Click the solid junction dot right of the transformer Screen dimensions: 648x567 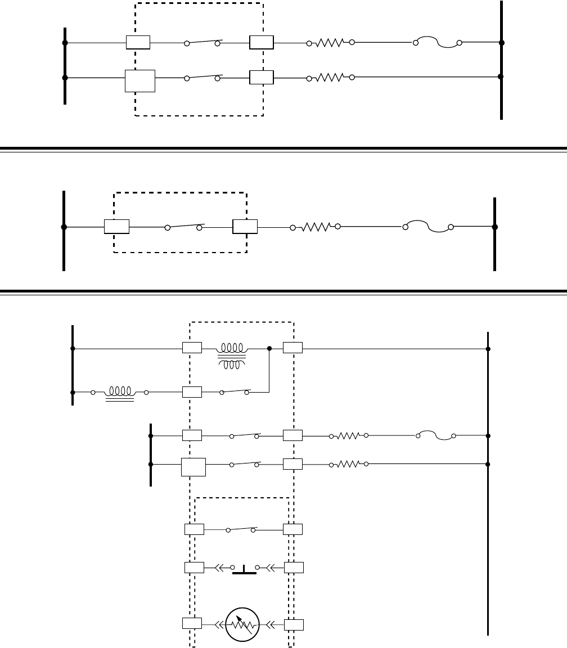[269, 349]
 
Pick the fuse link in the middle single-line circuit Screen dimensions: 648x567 [427, 227]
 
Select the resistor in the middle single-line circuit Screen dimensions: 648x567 [315, 227]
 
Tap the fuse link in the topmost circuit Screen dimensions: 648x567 [437, 42]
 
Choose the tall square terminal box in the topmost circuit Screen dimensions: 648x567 [139, 82]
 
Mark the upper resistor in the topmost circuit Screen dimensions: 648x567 [330, 42]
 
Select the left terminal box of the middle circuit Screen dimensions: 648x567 [117, 227]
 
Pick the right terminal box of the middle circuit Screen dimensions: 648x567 [245, 227]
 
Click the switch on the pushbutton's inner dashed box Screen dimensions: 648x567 [242, 529]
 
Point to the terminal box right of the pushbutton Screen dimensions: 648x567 [293, 567]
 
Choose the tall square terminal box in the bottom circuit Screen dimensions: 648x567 [193, 467]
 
